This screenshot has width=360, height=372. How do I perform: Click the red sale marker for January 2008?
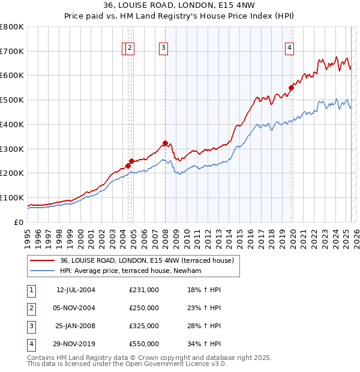[x=165, y=143]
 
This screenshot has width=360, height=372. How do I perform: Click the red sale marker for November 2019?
[x=291, y=88]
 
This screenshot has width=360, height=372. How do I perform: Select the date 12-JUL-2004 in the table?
[x=76, y=290]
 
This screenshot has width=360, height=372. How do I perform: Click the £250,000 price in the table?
[x=144, y=308]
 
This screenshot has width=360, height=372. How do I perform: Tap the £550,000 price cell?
[x=144, y=344]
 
